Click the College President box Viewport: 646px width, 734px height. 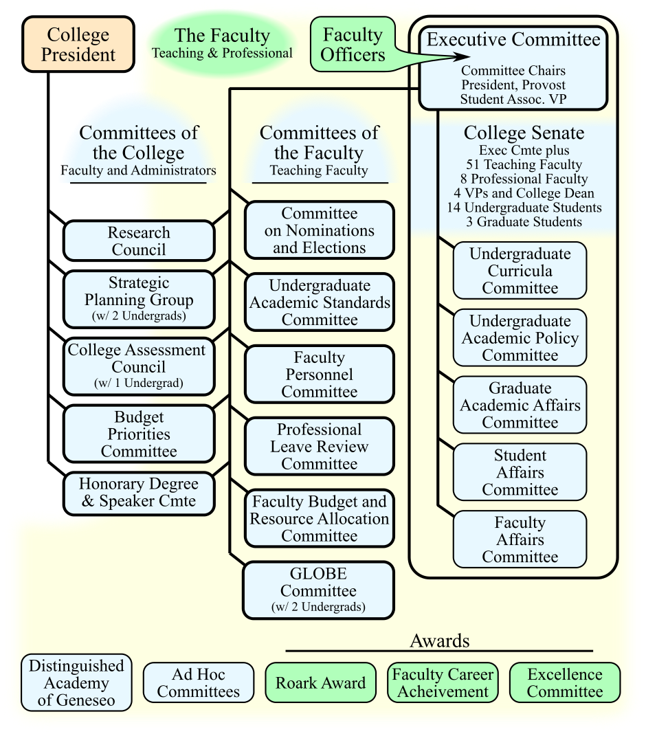(x=78, y=45)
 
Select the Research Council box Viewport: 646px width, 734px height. (x=139, y=241)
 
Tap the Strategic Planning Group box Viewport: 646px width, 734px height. (x=139, y=298)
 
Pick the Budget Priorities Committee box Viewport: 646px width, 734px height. (x=139, y=434)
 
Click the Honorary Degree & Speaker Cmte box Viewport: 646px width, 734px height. (x=139, y=492)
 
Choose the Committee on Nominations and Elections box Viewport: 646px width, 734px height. (x=319, y=230)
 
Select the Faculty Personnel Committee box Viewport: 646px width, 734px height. (x=319, y=375)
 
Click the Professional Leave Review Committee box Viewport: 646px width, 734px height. (x=319, y=446)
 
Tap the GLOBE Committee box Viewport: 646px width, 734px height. (x=318, y=590)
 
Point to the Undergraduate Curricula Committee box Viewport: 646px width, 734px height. (x=520, y=270)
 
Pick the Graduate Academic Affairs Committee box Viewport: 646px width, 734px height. (x=520, y=405)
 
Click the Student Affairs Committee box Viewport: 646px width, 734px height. (x=520, y=472)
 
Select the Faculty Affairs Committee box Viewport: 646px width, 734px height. (x=520, y=540)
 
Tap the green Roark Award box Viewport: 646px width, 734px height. (x=320, y=682)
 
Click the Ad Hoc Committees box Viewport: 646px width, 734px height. (x=198, y=682)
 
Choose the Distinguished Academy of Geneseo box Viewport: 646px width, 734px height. (x=76, y=682)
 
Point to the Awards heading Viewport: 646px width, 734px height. (x=439, y=641)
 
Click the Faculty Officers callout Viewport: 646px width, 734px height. (x=352, y=45)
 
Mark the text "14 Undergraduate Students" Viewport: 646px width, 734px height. (x=523, y=208)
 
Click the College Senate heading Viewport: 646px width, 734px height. (x=524, y=133)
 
